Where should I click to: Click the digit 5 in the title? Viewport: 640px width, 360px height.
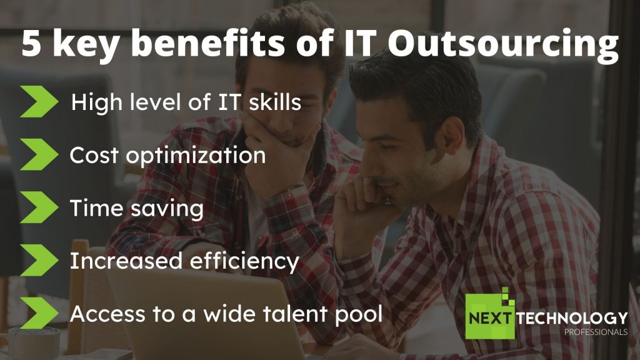point(31,43)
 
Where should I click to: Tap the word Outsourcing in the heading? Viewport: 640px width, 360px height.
point(503,45)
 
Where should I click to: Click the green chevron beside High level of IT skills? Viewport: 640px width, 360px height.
point(39,102)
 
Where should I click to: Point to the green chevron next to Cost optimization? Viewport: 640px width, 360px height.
point(39,154)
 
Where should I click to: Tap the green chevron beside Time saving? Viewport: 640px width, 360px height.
point(39,207)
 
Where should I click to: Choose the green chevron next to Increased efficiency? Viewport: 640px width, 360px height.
point(39,260)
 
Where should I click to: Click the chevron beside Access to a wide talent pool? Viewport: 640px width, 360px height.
point(39,312)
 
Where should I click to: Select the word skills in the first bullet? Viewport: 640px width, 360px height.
point(275,101)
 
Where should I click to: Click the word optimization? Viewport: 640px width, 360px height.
point(196,156)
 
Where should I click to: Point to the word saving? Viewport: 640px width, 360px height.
point(167,209)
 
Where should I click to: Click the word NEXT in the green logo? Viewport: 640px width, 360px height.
point(489,318)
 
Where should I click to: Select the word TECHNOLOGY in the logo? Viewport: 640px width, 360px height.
point(572,318)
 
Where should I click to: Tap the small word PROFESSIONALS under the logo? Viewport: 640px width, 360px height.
point(596,332)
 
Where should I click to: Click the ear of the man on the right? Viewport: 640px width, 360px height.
point(454,136)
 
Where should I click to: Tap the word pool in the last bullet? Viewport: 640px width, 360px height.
point(358,314)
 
